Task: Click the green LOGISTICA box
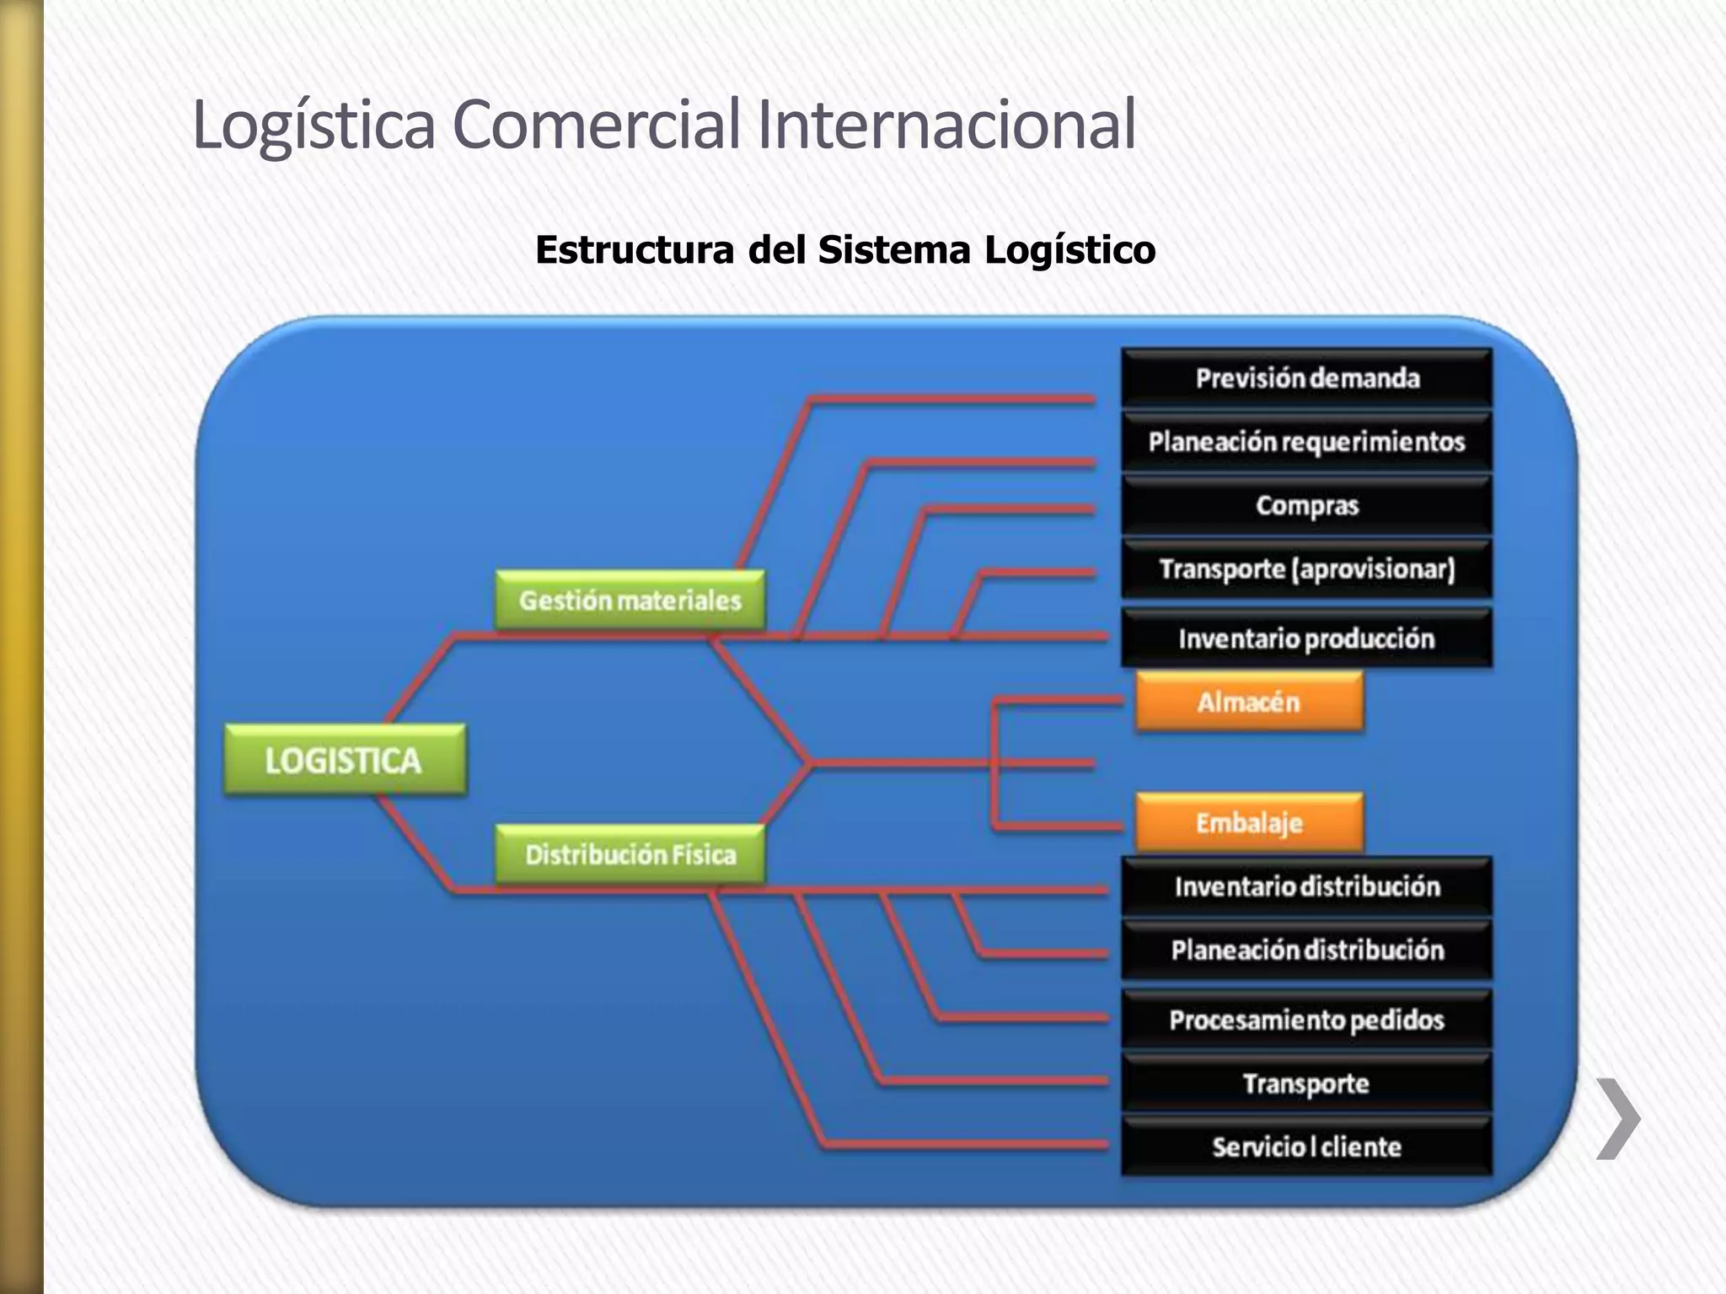pyautogui.click(x=345, y=760)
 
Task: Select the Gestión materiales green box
pyautogui.click(x=630, y=601)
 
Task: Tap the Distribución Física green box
pyautogui.click(x=630, y=855)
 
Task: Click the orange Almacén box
pyautogui.click(x=1248, y=702)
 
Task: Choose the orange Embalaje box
pyautogui.click(x=1248, y=823)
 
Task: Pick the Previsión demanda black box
pyautogui.click(x=1306, y=378)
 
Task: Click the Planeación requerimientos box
pyautogui.click(x=1306, y=441)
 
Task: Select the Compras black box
pyautogui.click(x=1306, y=505)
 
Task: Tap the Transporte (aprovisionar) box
pyautogui.click(x=1306, y=569)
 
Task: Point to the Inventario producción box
pyautogui.click(x=1306, y=639)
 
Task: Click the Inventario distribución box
pyautogui.click(x=1306, y=886)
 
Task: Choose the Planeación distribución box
pyautogui.click(x=1306, y=950)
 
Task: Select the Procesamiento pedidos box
pyautogui.click(x=1306, y=1020)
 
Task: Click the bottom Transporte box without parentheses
pyautogui.click(x=1306, y=1083)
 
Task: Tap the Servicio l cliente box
pyautogui.click(x=1306, y=1147)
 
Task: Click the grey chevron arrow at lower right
pyautogui.click(x=1618, y=1118)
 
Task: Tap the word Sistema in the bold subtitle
pyautogui.click(x=894, y=250)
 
